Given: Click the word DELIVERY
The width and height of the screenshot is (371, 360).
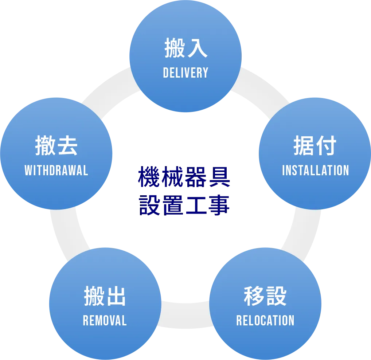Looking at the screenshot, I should [x=185, y=73].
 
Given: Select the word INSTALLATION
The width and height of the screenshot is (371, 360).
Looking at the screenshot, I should [x=315, y=170].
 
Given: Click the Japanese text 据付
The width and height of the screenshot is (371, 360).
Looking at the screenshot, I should [x=315, y=146].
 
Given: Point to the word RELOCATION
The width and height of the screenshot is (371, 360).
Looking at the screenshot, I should [x=265, y=321].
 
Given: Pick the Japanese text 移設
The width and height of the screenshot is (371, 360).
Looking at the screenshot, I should [x=265, y=297].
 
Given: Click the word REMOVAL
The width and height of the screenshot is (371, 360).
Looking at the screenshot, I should [x=105, y=321].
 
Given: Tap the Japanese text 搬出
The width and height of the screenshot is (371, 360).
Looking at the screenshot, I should [x=105, y=297].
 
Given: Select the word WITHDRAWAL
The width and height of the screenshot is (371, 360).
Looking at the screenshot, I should [x=56, y=170].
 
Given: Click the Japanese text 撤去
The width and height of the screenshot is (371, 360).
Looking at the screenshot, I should [x=56, y=146].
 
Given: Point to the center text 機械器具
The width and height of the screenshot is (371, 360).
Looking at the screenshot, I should [x=184, y=177].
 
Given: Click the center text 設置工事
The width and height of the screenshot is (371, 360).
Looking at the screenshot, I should [x=184, y=206].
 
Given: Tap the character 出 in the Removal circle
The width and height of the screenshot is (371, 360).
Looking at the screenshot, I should [x=116, y=297].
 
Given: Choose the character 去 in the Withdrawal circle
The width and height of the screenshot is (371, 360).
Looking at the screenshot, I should [x=67, y=146].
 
